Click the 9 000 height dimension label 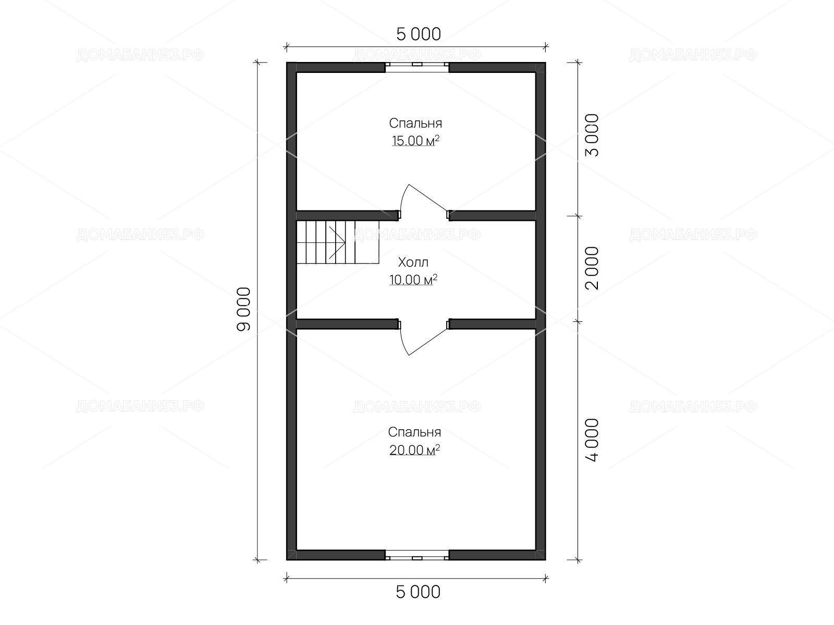[x=243, y=309]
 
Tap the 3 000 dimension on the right [x=592, y=135]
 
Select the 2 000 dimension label [x=592, y=268]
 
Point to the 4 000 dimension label [x=592, y=440]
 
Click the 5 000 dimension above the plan [x=419, y=34]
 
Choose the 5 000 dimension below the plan [x=418, y=592]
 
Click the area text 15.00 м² [x=415, y=141]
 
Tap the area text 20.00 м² [x=414, y=449]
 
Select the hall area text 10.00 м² [x=413, y=280]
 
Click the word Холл [x=413, y=262]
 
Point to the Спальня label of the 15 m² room [x=415, y=123]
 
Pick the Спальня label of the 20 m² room [x=414, y=432]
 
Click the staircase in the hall [x=337, y=242]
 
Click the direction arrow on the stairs [x=337, y=242]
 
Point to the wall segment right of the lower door [x=492, y=324]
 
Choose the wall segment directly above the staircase [x=347, y=216]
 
